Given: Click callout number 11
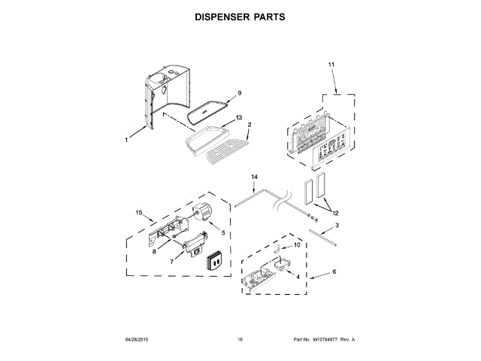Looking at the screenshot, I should (x=331, y=66).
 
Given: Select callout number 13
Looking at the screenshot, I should (x=239, y=118).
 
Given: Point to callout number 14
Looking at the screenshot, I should (x=254, y=177).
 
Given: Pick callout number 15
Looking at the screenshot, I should (x=139, y=213).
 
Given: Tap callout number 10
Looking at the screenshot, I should (x=296, y=245).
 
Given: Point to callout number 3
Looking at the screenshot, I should (x=336, y=225).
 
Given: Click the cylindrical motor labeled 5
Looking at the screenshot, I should (x=202, y=213).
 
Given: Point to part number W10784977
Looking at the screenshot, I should (x=325, y=340).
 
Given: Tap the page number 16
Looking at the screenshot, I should (x=240, y=340).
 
